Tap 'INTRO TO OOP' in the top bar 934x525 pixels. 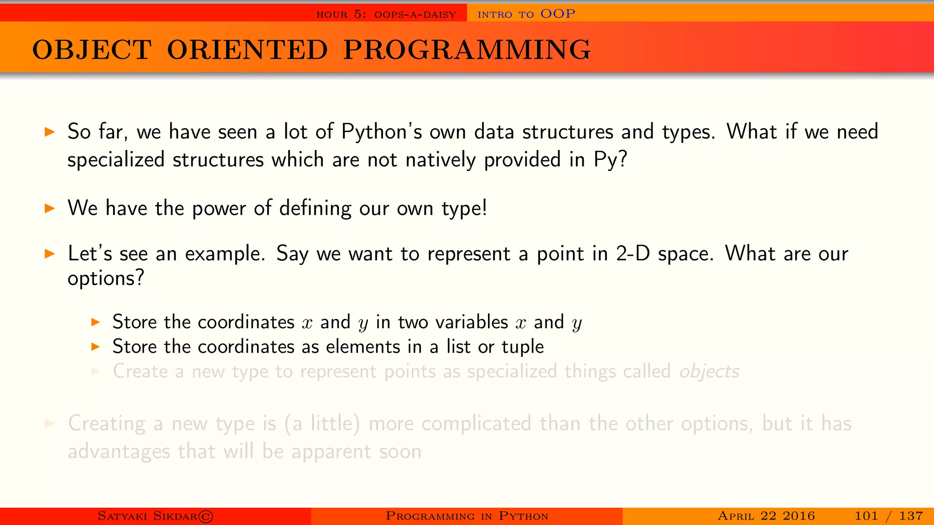[526, 14]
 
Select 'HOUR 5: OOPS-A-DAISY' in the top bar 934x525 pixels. [386, 15]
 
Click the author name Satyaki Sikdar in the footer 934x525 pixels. [147, 516]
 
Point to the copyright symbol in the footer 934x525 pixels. [206, 516]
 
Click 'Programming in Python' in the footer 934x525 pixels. [467, 516]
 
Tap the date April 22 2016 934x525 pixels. [766, 516]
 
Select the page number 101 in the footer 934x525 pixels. [866, 516]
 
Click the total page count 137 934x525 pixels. [911, 516]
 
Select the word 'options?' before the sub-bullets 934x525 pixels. [106, 278]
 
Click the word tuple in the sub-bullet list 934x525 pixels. [523, 347]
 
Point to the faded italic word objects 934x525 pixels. [709, 372]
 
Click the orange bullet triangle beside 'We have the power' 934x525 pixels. [50, 209]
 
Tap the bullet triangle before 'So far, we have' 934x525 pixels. [50, 132]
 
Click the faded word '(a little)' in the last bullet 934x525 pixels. [322, 424]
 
